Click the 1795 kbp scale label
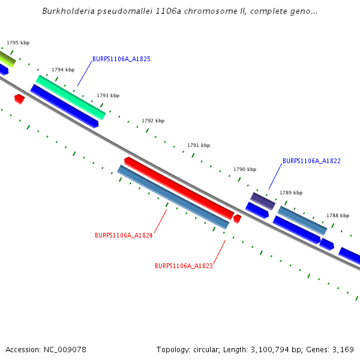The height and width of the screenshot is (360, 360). coord(18,43)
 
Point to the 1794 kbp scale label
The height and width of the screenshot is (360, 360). coord(63,70)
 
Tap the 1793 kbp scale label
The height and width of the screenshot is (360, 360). coord(108,95)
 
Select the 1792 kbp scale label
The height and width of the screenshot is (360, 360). coord(153,121)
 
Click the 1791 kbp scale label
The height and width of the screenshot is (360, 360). coord(199,145)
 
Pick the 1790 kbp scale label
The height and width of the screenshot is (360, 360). coord(245,169)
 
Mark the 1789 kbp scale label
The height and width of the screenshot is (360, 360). coord(291,193)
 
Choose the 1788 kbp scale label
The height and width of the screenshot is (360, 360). coord(338,215)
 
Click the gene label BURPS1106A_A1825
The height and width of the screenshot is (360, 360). coord(121,59)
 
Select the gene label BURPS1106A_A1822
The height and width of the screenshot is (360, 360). coord(311,161)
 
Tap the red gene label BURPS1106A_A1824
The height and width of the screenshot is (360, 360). coord(124,235)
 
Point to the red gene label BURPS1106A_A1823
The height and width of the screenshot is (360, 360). coord(184,266)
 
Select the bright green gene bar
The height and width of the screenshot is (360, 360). coord(71,97)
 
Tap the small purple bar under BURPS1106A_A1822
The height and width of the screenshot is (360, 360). coord(262,201)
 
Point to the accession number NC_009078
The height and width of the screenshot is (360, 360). coord(64,349)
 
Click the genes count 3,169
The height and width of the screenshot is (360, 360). coord(342,349)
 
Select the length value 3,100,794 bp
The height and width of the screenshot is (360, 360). coord(268,349)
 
